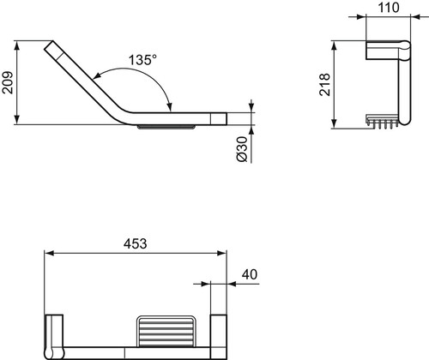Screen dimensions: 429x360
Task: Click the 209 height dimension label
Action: click(8, 82)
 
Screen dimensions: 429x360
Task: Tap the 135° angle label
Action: click(142, 60)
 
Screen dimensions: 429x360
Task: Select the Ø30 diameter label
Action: click(242, 149)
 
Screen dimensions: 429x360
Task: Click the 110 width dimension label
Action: click(389, 8)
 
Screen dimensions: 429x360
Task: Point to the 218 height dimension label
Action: click(325, 85)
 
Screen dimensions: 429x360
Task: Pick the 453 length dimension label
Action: click(136, 243)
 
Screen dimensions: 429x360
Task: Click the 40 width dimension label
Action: click(250, 274)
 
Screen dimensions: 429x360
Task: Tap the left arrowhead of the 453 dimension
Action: click(50, 253)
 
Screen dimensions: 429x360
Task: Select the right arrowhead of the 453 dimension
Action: click(221, 253)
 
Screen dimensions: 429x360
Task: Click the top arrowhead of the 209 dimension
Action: click(17, 45)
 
